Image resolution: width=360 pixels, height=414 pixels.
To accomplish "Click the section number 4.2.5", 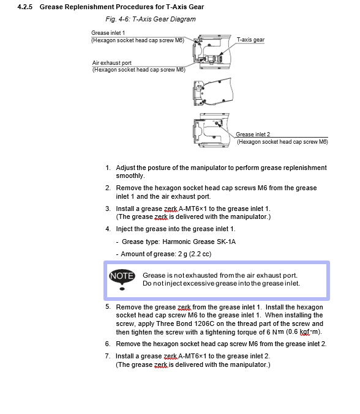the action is (x=25, y=7).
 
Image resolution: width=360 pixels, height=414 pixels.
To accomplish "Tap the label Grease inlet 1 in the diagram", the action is (x=108, y=33).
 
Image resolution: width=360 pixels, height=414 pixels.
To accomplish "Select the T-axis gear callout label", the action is (x=250, y=40).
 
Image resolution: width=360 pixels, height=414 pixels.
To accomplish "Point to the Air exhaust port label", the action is (x=112, y=63).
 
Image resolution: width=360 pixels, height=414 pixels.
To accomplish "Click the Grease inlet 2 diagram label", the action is (x=253, y=134).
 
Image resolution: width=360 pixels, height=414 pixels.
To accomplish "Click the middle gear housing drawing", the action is (x=213, y=92).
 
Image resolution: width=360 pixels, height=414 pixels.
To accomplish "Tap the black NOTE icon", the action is (x=122, y=279).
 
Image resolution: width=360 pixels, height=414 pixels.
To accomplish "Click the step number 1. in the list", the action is (x=108, y=168).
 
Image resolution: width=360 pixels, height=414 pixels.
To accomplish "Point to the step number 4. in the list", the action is (x=108, y=229).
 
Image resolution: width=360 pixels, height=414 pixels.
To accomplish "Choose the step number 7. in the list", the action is (x=108, y=356).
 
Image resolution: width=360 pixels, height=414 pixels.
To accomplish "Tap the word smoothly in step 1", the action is (x=130, y=176).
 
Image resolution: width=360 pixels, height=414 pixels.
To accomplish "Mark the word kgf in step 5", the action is (x=304, y=332).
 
